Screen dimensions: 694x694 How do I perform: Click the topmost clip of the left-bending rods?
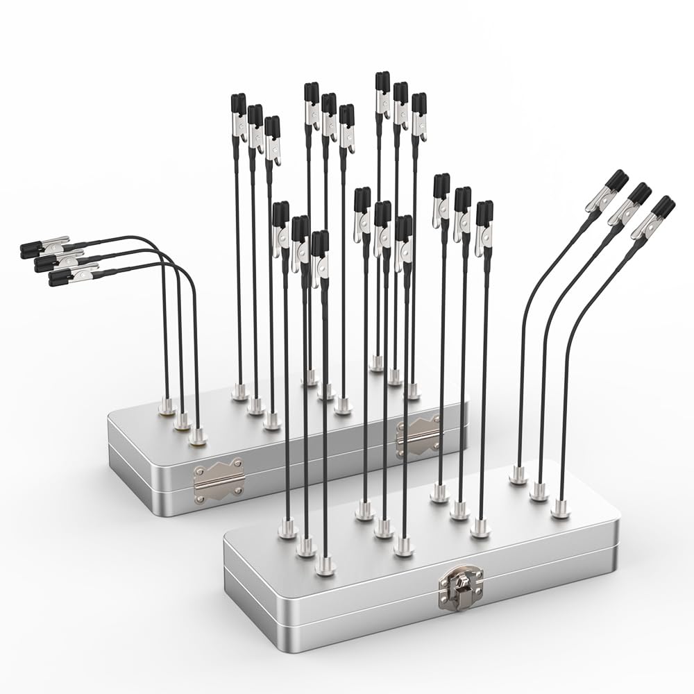pyautogui.click(x=46, y=245)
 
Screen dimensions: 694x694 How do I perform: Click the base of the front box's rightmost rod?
pyautogui.click(x=560, y=514)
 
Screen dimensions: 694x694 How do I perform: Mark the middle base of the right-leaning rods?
pyautogui.click(x=539, y=493)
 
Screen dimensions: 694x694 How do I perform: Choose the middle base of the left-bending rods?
pyautogui.click(x=182, y=421)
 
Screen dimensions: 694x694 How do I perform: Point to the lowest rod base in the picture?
pyautogui.click(x=325, y=568)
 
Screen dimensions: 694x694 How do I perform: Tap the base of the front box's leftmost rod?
pyautogui.click(x=287, y=531)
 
